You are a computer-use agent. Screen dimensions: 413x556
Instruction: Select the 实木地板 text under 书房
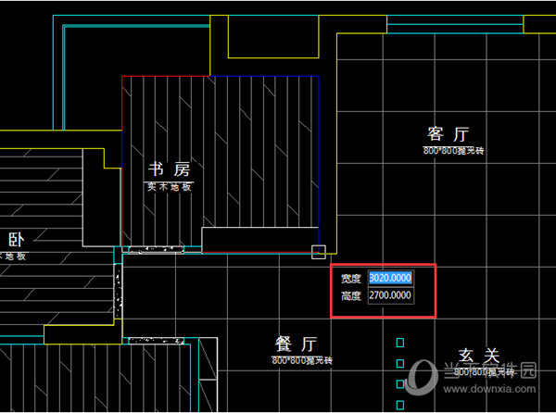[x=169, y=186]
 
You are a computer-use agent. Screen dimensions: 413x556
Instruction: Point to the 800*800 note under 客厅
[x=454, y=149]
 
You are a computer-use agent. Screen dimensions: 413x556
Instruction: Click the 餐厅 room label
[x=297, y=344]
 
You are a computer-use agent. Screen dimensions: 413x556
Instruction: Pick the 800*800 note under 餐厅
[x=301, y=359]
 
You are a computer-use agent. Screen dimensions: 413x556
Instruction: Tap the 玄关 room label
[x=479, y=357]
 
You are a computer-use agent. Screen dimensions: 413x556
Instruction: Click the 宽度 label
[x=349, y=278]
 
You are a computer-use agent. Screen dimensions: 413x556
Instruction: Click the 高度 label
[x=349, y=296]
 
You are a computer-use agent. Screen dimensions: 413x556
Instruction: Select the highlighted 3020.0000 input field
[x=390, y=278]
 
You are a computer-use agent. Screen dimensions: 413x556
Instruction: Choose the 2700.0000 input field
[x=390, y=296]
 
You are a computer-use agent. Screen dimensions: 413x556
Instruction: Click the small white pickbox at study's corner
[x=318, y=251]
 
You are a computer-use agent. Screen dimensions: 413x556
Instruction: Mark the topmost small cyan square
[x=400, y=343]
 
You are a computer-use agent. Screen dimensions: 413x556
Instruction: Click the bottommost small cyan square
[x=400, y=404]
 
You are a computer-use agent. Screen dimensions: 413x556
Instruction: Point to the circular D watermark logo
[x=423, y=374]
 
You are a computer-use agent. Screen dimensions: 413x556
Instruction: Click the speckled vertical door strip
[x=118, y=289]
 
